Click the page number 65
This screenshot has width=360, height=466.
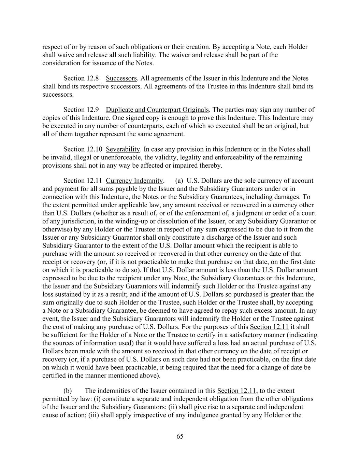pos(180,436)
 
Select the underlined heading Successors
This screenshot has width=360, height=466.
pos(121,78)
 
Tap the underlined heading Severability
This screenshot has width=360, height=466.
pos(123,149)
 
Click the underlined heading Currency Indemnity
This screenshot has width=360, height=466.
pos(134,181)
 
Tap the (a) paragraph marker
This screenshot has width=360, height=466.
pos(179,181)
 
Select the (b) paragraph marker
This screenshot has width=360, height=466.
pos(68,391)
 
